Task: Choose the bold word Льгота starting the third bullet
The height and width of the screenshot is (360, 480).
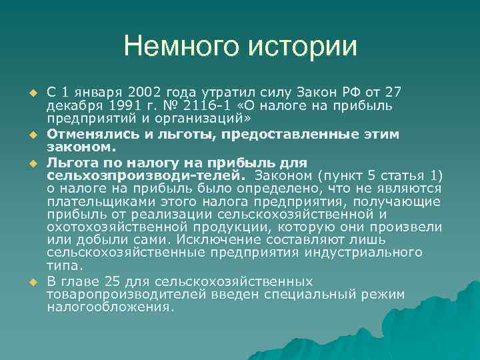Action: click(x=69, y=162)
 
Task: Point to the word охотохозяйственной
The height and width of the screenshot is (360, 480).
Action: click(x=109, y=227)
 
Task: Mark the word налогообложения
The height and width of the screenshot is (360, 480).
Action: click(x=110, y=307)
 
